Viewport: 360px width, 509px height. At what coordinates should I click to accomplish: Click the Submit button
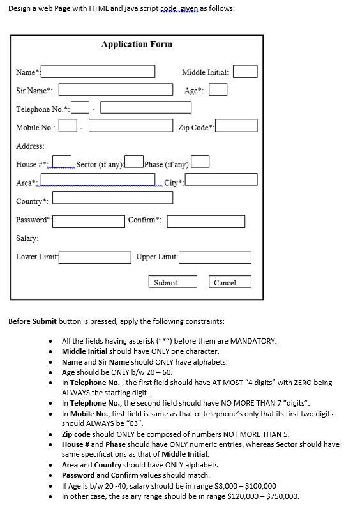pos(166,282)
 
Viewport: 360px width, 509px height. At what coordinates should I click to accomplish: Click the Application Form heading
pos(137,44)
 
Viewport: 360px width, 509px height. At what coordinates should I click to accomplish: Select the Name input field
pos(98,71)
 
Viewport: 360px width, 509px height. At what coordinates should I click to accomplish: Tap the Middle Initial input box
pos(245,72)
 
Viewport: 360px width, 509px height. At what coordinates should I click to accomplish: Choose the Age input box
pos(218,90)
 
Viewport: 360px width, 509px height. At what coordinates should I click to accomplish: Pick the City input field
pos(221,179)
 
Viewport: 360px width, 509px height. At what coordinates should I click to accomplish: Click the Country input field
pos(154,198)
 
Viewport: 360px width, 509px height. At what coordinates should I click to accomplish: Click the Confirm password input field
pos(206,221)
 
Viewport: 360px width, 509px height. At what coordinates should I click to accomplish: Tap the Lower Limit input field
pos(95,257)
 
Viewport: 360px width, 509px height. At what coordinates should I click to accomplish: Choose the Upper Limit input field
pos(214,257)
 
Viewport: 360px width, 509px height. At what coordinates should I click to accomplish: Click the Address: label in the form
pos(30,146)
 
